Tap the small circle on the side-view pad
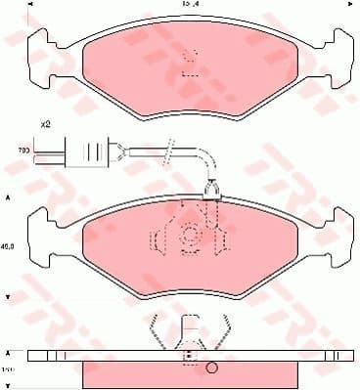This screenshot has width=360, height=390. point(211,369)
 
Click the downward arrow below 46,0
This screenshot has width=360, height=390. point(10,294)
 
